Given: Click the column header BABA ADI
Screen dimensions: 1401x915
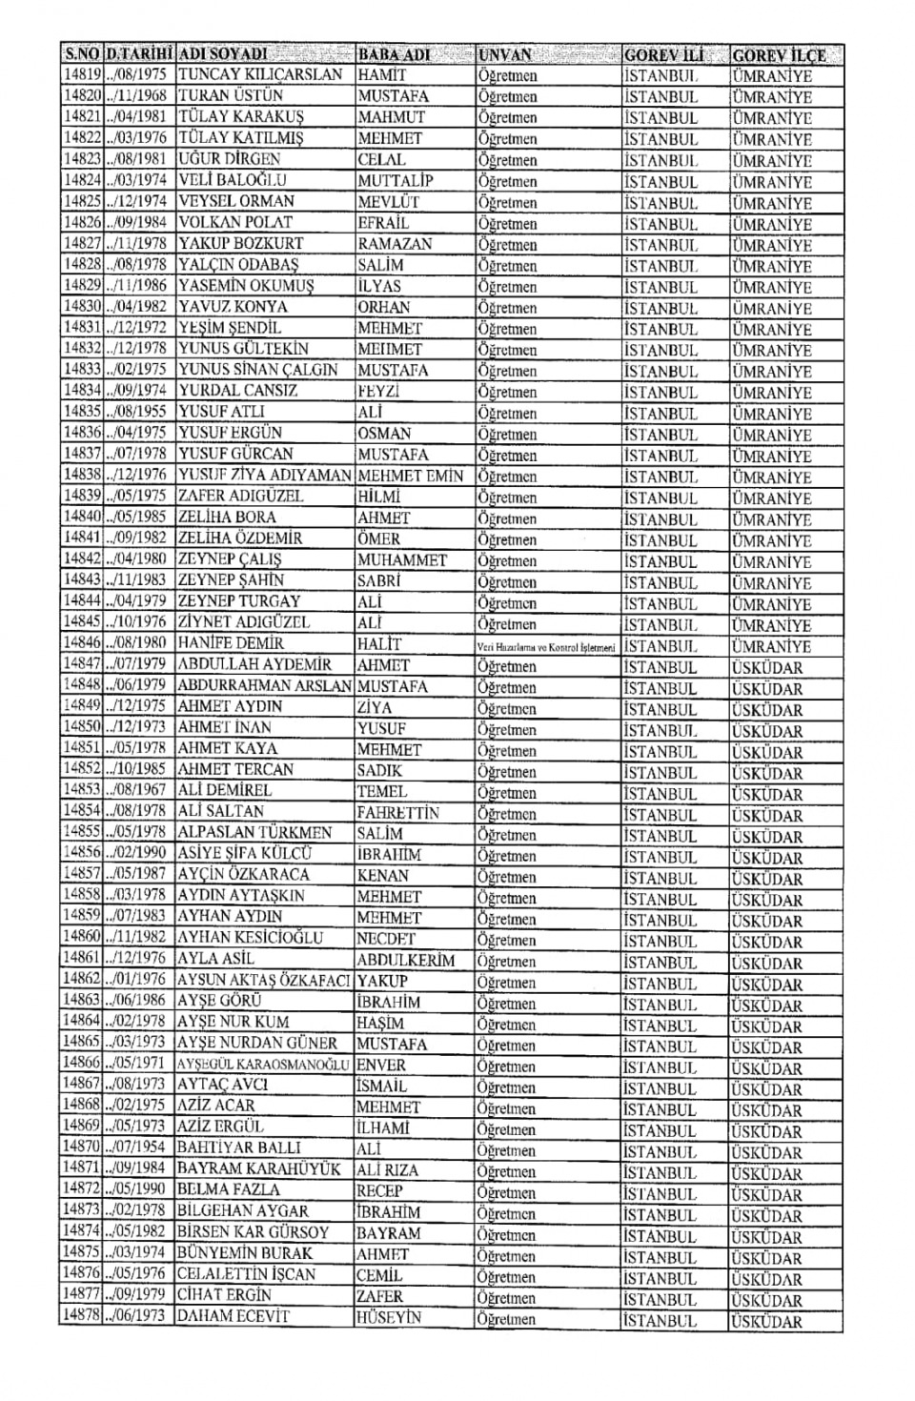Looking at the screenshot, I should click(x=395, y=53).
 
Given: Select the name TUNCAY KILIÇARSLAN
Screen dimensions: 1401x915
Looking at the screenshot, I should click(x=260, y=74).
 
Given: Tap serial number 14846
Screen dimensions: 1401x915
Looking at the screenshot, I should click(x=82, y=643).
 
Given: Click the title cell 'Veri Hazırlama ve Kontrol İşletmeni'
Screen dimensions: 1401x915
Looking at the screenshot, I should click(x=547, y=646).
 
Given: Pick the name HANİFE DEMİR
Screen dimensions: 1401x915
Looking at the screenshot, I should click(x=231, y=643).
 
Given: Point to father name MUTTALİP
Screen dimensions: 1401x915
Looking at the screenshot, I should click(x=396, y=180).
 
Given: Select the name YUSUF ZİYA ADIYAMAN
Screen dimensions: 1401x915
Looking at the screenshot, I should click(x=264, y=475).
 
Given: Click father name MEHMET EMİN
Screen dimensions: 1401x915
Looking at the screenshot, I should click(x=411, y=476).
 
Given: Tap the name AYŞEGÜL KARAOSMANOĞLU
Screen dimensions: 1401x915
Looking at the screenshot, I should click(x=264, y=1064).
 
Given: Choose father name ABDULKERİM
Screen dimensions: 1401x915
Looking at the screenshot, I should click(x=406, y=960).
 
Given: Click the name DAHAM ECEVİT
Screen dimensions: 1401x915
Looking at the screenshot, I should click(x=233, y=1316).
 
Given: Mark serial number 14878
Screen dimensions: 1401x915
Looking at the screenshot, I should click(x=82, y=1316).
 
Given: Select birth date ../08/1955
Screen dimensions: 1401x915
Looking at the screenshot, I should click(x=137, y=412).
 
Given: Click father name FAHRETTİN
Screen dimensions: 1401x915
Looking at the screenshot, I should click(x=398, y=812).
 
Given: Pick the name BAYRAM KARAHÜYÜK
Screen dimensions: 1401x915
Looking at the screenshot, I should click(x=259, y=1168).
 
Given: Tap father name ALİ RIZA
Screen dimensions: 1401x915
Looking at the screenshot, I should click(x=388, y=1169).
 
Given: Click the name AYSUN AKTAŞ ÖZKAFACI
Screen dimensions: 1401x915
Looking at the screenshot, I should click(x=264, y=980).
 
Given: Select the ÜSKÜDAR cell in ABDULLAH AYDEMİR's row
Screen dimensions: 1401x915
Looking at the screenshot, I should click(x=766, y=667).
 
